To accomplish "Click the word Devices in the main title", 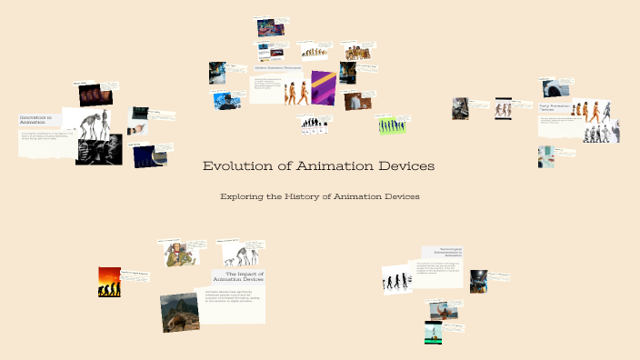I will coord(400,166).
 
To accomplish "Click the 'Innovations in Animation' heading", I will coord(36,120).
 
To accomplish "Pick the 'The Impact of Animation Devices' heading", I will coord(240,275).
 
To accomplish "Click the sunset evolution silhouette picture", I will coord(109,282).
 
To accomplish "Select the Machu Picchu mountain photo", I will coord(180,313).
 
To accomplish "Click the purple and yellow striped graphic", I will coord(324,88).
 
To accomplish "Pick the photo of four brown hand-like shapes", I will coord(92,94).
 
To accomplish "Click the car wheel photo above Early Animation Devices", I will coord(552,88).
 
